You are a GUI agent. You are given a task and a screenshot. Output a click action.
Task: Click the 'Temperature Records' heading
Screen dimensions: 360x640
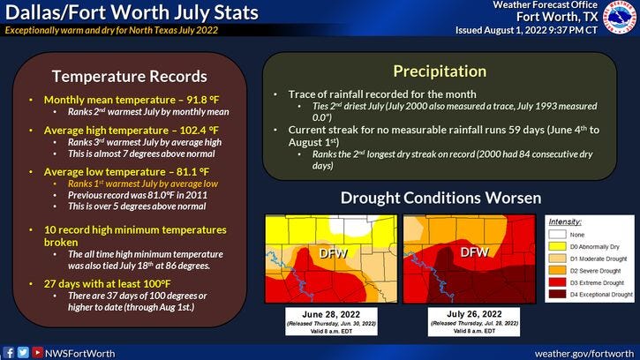click(130, 76)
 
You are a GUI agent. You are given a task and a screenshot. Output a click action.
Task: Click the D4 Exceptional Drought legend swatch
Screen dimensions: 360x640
click(556, 295)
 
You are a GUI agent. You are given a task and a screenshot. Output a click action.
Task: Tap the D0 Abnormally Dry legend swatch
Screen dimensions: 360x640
click(556, 248)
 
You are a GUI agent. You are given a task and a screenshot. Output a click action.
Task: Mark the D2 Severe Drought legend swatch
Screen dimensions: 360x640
click(556, 271)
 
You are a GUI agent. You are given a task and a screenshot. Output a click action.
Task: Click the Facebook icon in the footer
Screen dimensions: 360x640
click(8, 351)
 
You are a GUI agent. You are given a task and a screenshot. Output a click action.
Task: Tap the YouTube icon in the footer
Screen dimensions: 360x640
click(36, 351)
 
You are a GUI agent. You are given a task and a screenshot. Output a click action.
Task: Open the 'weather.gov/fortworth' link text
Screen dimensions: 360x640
click(584, 351)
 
